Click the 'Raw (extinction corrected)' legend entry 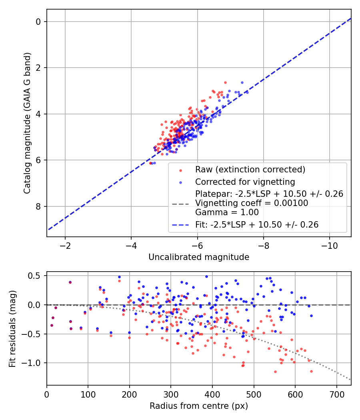pos(250,169)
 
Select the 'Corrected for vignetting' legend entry pos(245,182)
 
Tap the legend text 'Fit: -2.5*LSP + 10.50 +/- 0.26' pos(256,225)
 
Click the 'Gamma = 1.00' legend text pos(226,212)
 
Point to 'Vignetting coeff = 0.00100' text pos(251,203)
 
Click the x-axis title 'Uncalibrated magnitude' pos(199,257)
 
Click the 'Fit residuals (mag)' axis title pos(12,328)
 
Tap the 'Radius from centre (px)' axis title pos(199,406)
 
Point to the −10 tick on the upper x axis pos(329,245)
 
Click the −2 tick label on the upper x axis pos(65,245)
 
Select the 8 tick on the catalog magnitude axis pos(38,206)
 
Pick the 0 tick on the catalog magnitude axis pos(38,22)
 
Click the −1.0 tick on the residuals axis pos(33,363)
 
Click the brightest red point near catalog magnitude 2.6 pos(225,82)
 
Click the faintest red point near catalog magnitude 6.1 pos(150,163)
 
